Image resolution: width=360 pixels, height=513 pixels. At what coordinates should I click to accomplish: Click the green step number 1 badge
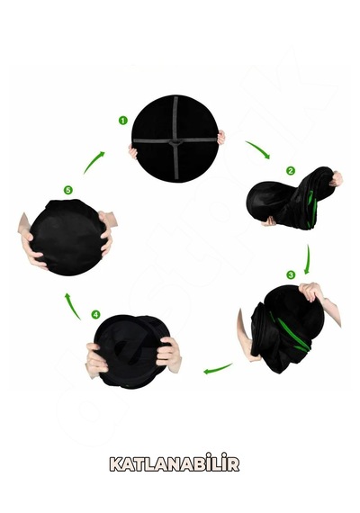point(122,121)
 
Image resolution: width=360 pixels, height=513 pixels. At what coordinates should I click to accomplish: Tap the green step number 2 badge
point(291,171)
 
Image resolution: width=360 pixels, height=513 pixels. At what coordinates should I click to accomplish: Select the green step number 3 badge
point(291,274)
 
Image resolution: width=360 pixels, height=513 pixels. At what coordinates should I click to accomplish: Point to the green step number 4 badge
point(95,315)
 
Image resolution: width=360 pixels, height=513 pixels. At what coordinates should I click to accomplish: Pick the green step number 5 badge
point(68,190)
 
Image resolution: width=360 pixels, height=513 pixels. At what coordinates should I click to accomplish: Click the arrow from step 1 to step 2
point(258,148)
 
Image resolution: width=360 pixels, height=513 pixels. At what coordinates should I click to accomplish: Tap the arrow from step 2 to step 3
point(308,259)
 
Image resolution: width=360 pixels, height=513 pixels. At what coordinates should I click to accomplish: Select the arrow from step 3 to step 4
point(219,369)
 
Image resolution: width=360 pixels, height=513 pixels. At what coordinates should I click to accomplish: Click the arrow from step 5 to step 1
point(93,162)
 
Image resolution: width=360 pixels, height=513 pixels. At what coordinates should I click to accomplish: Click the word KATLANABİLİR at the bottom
point(175,463)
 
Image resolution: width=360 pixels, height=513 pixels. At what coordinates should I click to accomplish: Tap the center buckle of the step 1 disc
point(176,141)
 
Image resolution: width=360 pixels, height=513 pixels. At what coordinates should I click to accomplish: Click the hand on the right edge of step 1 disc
point(221,137)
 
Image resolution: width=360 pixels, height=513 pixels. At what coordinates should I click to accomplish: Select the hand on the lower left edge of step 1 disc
point(133,153)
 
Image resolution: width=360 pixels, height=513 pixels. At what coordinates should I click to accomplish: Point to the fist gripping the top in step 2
point(336,179)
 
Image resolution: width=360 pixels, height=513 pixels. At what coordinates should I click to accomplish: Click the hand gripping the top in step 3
point(311,292)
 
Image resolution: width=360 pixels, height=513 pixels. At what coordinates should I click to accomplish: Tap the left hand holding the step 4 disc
point(96,360)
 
